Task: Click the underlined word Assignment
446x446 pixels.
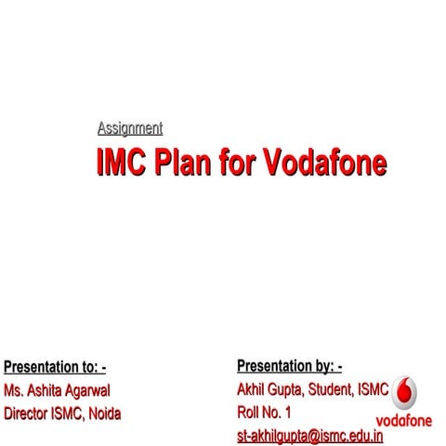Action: coord(129,128)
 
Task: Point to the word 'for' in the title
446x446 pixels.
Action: coord(248,163)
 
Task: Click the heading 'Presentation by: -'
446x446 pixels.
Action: coord(289,366)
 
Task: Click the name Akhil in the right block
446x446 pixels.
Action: coord(253,389)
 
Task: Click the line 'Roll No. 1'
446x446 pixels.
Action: coord(264,412)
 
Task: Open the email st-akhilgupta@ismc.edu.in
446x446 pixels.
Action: coord(309,435)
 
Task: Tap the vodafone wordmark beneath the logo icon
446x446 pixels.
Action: coord(404,421)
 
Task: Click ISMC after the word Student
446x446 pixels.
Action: coord(374,389)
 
